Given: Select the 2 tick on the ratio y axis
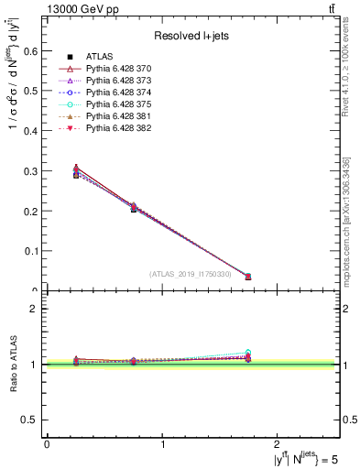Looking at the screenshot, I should click(x=37, y=310).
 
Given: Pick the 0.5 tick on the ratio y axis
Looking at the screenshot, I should click(x=34, y=420).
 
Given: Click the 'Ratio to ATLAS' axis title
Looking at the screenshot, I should click(x=12, y=365).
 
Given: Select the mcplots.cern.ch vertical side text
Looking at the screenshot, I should click(x=351, y=220).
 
